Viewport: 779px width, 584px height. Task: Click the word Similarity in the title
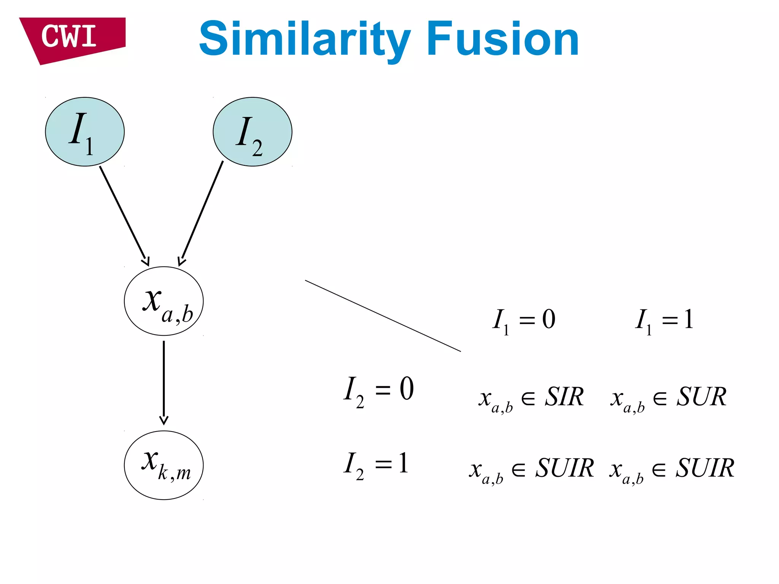[304, 40]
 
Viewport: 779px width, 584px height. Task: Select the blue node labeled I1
[84, 132]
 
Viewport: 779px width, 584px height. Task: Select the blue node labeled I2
[252, 132]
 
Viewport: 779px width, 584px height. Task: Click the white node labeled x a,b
[164, 301]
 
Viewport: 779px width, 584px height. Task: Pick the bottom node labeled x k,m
[164, 465]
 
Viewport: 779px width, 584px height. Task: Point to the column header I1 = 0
[524, 320]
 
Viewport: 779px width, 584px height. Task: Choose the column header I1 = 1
[665, 320]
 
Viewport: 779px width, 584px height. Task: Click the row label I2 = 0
[378, 390]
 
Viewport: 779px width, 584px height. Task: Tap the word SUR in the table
[701, 397]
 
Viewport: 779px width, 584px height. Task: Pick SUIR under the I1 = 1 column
[704, 468]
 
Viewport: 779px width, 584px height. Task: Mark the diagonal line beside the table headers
[382, 316]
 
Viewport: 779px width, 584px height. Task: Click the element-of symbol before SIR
[528, 398]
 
